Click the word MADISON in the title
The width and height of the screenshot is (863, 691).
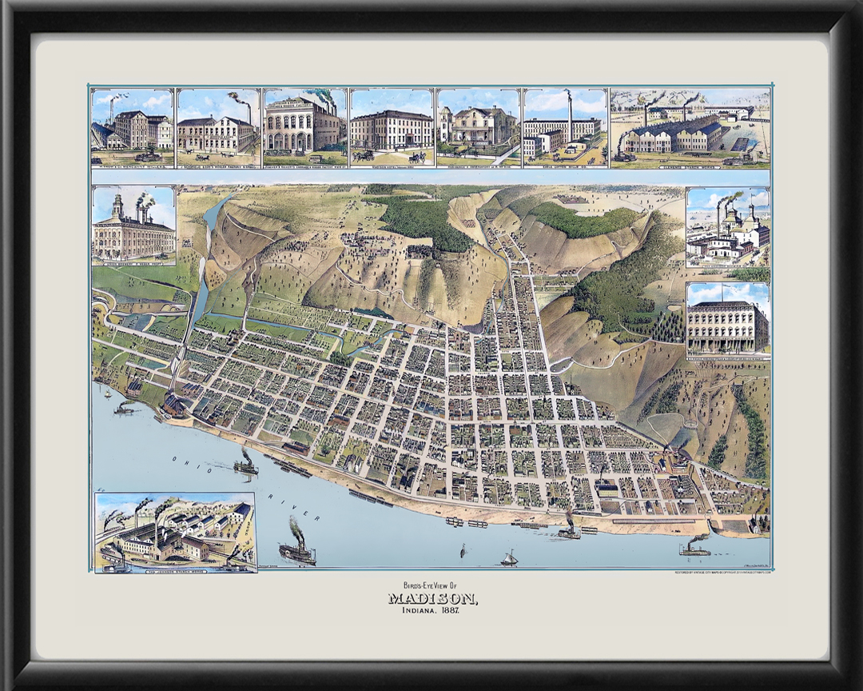tap(432, 599)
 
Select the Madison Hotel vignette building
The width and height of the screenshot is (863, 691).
tap(392, 130)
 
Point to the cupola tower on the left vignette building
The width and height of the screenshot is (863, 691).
tap(117, 206)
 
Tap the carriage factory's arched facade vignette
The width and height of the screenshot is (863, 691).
tap(303, 127)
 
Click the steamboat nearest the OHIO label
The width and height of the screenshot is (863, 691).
tap(245, 463)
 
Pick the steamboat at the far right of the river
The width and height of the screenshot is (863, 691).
tap(695, 548)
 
